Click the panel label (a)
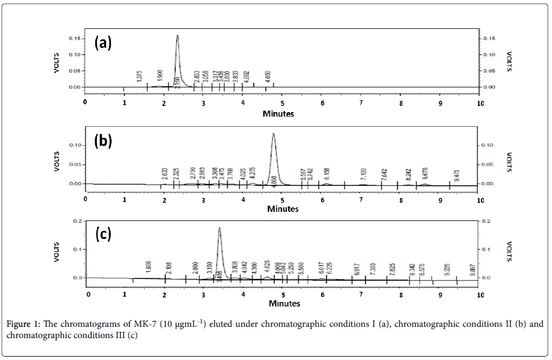click(103, 43)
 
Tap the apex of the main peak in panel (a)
click(177, 35)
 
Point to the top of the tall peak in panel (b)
click(273, 134)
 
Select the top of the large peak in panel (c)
click(219, 228)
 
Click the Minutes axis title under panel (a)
click(278, 113)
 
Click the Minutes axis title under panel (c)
click(284, 304)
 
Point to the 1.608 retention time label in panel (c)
click(148, 266)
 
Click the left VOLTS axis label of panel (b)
click(56, 160)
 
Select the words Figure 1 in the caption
click(23, 325)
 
